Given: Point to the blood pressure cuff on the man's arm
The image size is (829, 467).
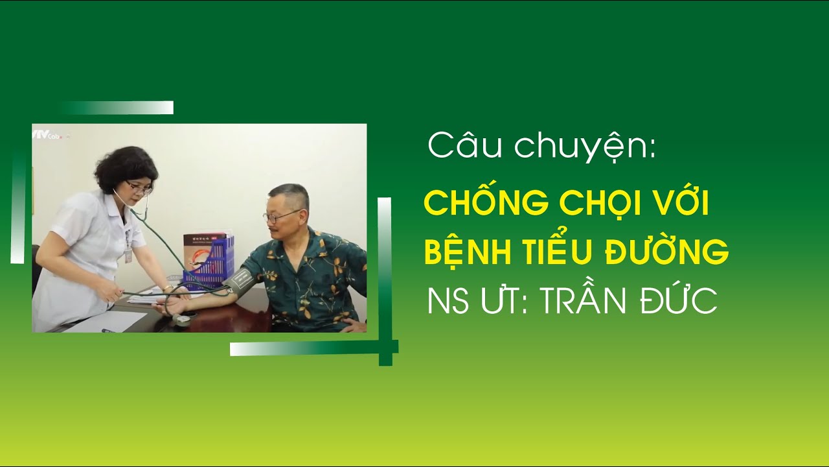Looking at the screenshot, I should pyautogui.click(x=238, y=281).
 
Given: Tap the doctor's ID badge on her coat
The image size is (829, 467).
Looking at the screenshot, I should pyautogui.click(x=128, y=253).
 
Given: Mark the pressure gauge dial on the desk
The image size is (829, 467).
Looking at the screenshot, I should pyautogui.click(x=182, y=318).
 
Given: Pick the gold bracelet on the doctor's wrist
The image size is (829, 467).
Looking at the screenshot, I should pyautogui.click(x=168, y=287).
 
